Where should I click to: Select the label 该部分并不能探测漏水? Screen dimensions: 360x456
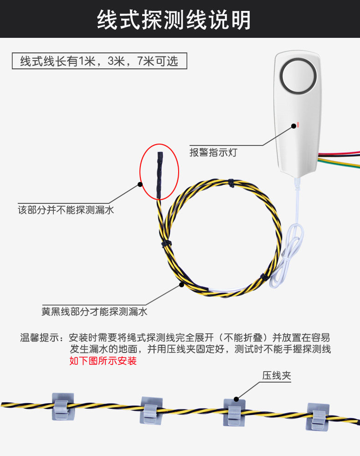point(66,211)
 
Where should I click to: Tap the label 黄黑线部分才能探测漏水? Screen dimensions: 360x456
point(94,312)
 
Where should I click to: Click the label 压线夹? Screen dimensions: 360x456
point(276,376)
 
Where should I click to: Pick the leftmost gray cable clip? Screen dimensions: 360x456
point(62,405)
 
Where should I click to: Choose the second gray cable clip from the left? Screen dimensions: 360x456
point(151,409)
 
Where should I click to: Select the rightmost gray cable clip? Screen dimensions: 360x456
point(318,416)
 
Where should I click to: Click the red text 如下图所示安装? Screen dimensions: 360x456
point(103,361)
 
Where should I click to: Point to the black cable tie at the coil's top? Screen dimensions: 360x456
point(231,183)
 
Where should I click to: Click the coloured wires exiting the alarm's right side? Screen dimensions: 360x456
point(339,159)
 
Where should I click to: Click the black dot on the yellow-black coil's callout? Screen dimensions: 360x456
point(181,285)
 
